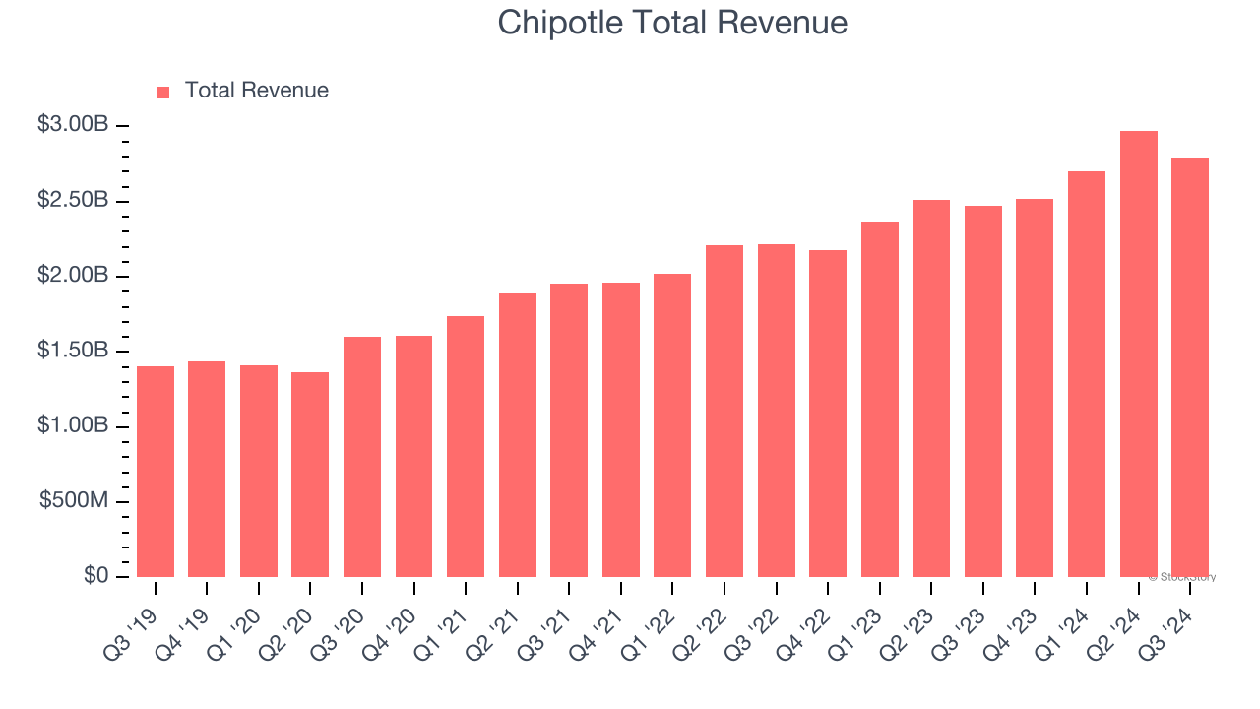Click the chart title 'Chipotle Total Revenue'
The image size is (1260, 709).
pyautogui.click(x=672, y=22)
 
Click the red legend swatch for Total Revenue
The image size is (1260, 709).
pyautogui.click(x=163, y=92)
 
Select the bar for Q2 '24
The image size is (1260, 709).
pyautogui.click(x=1138, y=354)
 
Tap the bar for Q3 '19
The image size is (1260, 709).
pyautogui.click(x=156, y=472)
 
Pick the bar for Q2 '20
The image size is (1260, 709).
pyautogui.click(x=310, y=475)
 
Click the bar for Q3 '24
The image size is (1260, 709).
pyautogui.click(x=1190, y=367)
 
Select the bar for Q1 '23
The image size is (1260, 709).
pyautogui.click(x=879, y=399)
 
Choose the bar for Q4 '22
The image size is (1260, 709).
pyautogui.click(x=828, y=414)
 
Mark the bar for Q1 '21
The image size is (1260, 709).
pyautogui.click(x=466, y=446)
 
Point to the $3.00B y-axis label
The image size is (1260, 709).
pyautogui.click(x=73, y=125)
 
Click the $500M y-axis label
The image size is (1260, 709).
pyautogui.click(x=74, y=501)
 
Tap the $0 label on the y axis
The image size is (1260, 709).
pyautogui.click(x=95, y=576)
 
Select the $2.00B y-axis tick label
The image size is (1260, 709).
pyautogui.click(x=73, y=276)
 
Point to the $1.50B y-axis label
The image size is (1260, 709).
pyautogui.click(x=73, y=351)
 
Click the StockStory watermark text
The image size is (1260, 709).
pyautogui.click(x=1182, y=577)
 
